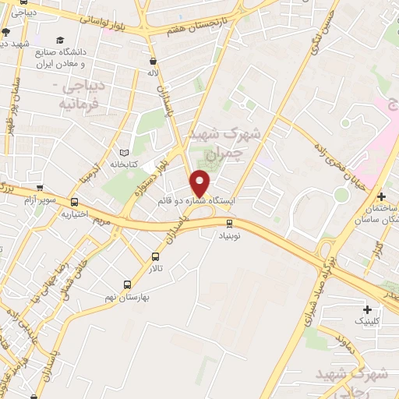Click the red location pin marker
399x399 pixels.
[x=200, y=183]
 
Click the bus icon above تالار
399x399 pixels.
[x=154, y=256]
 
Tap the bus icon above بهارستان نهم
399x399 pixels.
[x=127, y=284]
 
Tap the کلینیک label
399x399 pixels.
[x=369, y=320]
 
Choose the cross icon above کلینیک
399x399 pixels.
[x=367, y=309]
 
